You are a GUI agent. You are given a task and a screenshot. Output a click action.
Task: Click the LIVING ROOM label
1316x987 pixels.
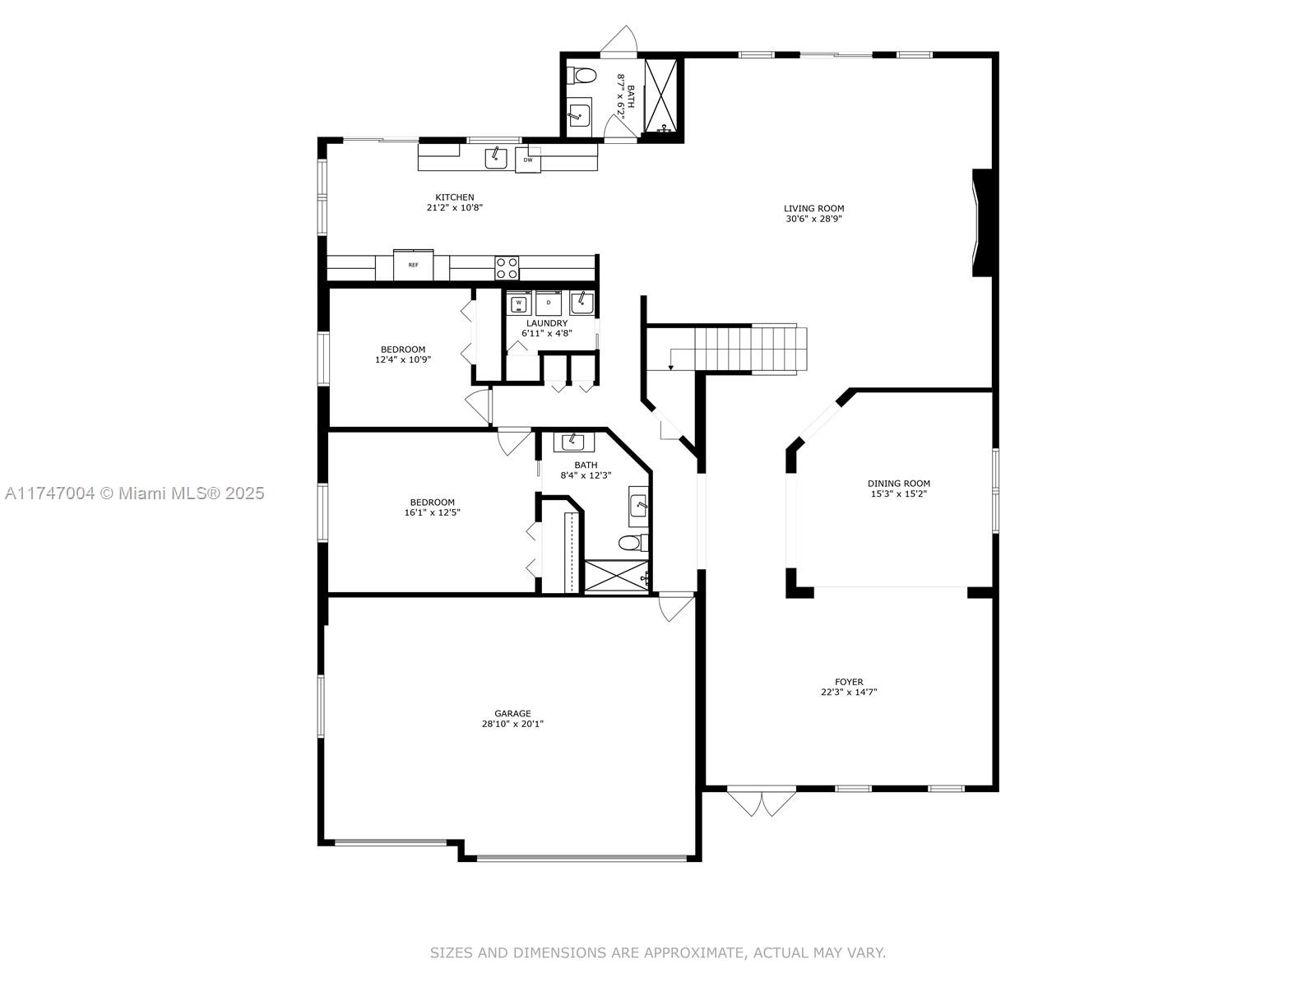click(x=813, y=209)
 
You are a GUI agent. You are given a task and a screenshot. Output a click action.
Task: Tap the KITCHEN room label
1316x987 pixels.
click(x=455, y=197)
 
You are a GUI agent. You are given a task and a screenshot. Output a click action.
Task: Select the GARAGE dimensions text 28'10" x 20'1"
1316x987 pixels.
click(x=512, y=723)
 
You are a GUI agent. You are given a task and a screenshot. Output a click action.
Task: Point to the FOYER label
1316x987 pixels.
click(x=849, y=682)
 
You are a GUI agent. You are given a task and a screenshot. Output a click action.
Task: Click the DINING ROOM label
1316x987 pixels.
click(x=899, y=484)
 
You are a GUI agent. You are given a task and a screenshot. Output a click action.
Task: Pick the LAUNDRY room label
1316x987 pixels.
click(x=547, y=323)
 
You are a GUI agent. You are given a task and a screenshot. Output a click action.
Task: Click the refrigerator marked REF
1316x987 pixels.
click(x=413, y=265)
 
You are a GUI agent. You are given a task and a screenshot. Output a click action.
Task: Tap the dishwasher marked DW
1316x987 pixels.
click(x=527, y=160)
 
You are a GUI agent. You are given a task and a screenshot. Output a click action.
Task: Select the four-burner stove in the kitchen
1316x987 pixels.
click(x=507, y=268)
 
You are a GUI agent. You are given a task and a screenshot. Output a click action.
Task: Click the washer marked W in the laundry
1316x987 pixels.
click(x=519, y=304)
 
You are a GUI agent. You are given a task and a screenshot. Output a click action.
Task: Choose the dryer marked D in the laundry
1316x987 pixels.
click(x=548, y=304)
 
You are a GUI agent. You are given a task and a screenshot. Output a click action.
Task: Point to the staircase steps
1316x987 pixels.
click(x=749, y=350)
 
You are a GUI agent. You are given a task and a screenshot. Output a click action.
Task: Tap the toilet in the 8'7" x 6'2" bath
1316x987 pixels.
click(x=582, y=76)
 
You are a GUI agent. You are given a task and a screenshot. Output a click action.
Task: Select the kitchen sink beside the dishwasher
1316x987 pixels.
click(x=496, y=159)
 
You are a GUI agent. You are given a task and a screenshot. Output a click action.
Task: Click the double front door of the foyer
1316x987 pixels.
click(x=762, y=803)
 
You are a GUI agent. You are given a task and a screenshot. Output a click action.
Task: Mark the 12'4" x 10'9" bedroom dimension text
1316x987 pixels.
click(x=403, y=360)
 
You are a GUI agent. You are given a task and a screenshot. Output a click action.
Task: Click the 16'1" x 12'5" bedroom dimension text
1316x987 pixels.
click(x=433, y=513)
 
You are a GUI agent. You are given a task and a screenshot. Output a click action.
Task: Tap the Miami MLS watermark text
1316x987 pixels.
click(x=134, y=493)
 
